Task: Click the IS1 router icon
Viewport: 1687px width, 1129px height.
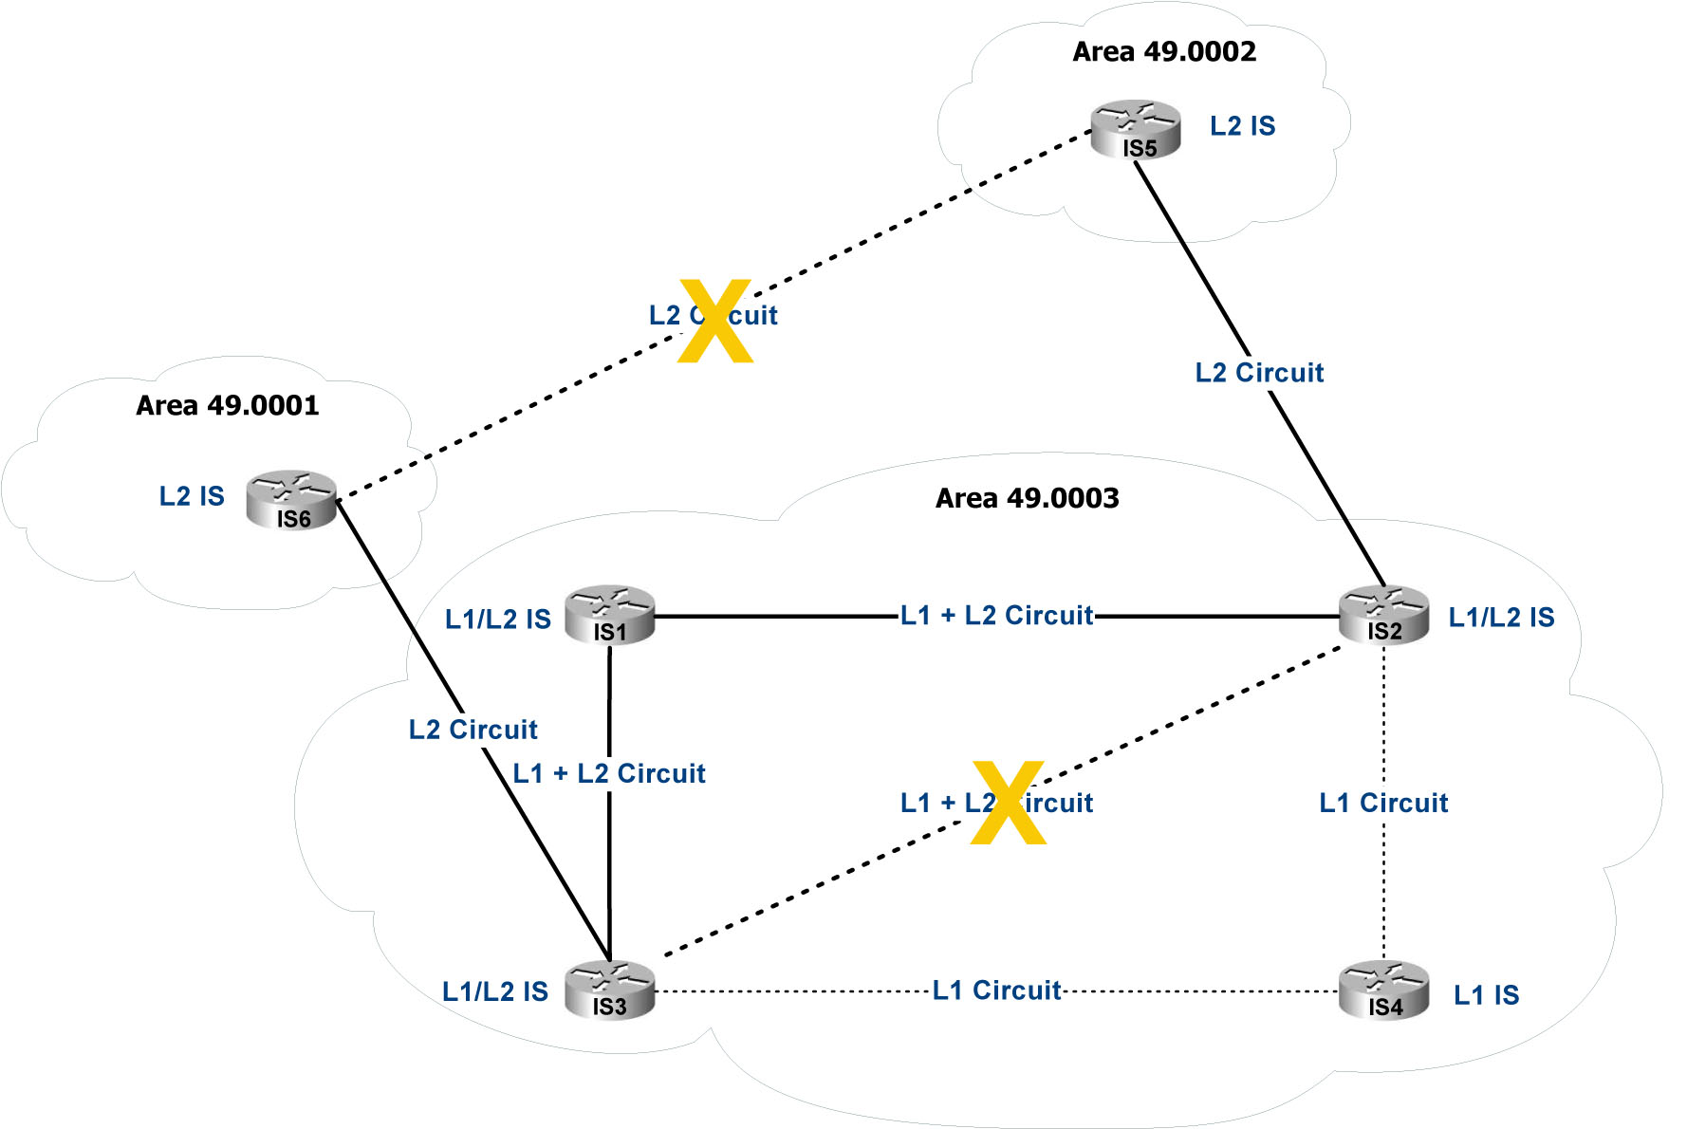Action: [x=609, y=615]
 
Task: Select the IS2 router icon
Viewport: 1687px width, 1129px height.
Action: [x=1383, y=615]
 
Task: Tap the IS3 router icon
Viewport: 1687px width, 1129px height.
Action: [x=609, y=990]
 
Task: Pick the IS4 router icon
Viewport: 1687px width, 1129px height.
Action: [x=1383, y=990]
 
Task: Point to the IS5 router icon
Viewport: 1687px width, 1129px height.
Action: [x=1136, y=129]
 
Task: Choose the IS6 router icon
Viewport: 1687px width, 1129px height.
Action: [x=291, y=499]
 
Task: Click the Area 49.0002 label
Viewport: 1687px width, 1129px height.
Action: [x=1164, y=51]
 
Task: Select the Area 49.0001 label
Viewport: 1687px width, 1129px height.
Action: [x=227, y=405]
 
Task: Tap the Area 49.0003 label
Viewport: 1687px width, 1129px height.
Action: [x=1027, y=498]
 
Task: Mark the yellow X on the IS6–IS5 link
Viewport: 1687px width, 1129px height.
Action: [x=715, y=321]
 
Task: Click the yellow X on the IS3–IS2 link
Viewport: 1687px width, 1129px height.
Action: [x=1008, y=802]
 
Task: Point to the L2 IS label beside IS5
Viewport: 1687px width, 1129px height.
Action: [x=1242, y=126]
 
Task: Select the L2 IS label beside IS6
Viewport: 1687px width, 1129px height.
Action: [x=192, y=496]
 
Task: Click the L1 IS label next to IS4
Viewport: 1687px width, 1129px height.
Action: [x=1486, y=995]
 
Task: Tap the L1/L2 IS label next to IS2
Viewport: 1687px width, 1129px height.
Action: [x=1501, y=618]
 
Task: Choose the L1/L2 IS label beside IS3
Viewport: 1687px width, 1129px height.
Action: [x=495, y=991]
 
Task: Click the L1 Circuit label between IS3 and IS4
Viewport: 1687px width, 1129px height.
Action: [x=996, y=990]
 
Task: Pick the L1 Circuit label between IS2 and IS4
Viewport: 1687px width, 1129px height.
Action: [x=1383, y=804]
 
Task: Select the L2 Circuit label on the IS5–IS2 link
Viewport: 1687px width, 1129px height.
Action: [x=1259, y=373]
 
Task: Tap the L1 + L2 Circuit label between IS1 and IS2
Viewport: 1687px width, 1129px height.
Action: [x=996, y=616]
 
